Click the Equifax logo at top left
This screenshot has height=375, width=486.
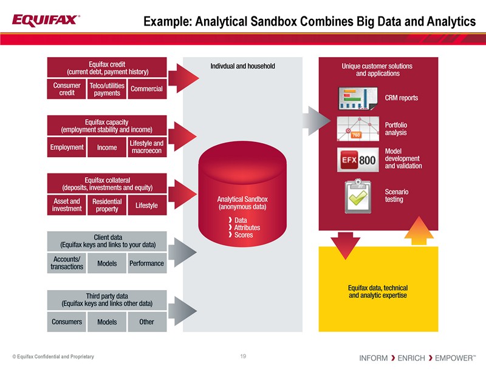(46, 20)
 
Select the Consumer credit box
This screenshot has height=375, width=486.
(67, 89)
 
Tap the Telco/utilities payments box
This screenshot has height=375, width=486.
(107, 89)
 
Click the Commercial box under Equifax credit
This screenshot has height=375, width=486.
(146, 89)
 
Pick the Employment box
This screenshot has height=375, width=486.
(67, 147)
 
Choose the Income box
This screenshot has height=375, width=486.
(107, 147)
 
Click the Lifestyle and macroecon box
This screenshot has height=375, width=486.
(146, 147)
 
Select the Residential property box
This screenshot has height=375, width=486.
(107, 205)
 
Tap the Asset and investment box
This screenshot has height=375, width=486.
(67, 205)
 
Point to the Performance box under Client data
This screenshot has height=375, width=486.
(146, 263)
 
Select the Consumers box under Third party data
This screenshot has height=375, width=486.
(67, 322)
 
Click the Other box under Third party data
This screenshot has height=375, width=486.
(146, 322)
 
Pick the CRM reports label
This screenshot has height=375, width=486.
(402, 98)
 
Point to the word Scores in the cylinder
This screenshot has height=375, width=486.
(244, 235)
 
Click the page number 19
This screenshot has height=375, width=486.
(243, 356)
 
